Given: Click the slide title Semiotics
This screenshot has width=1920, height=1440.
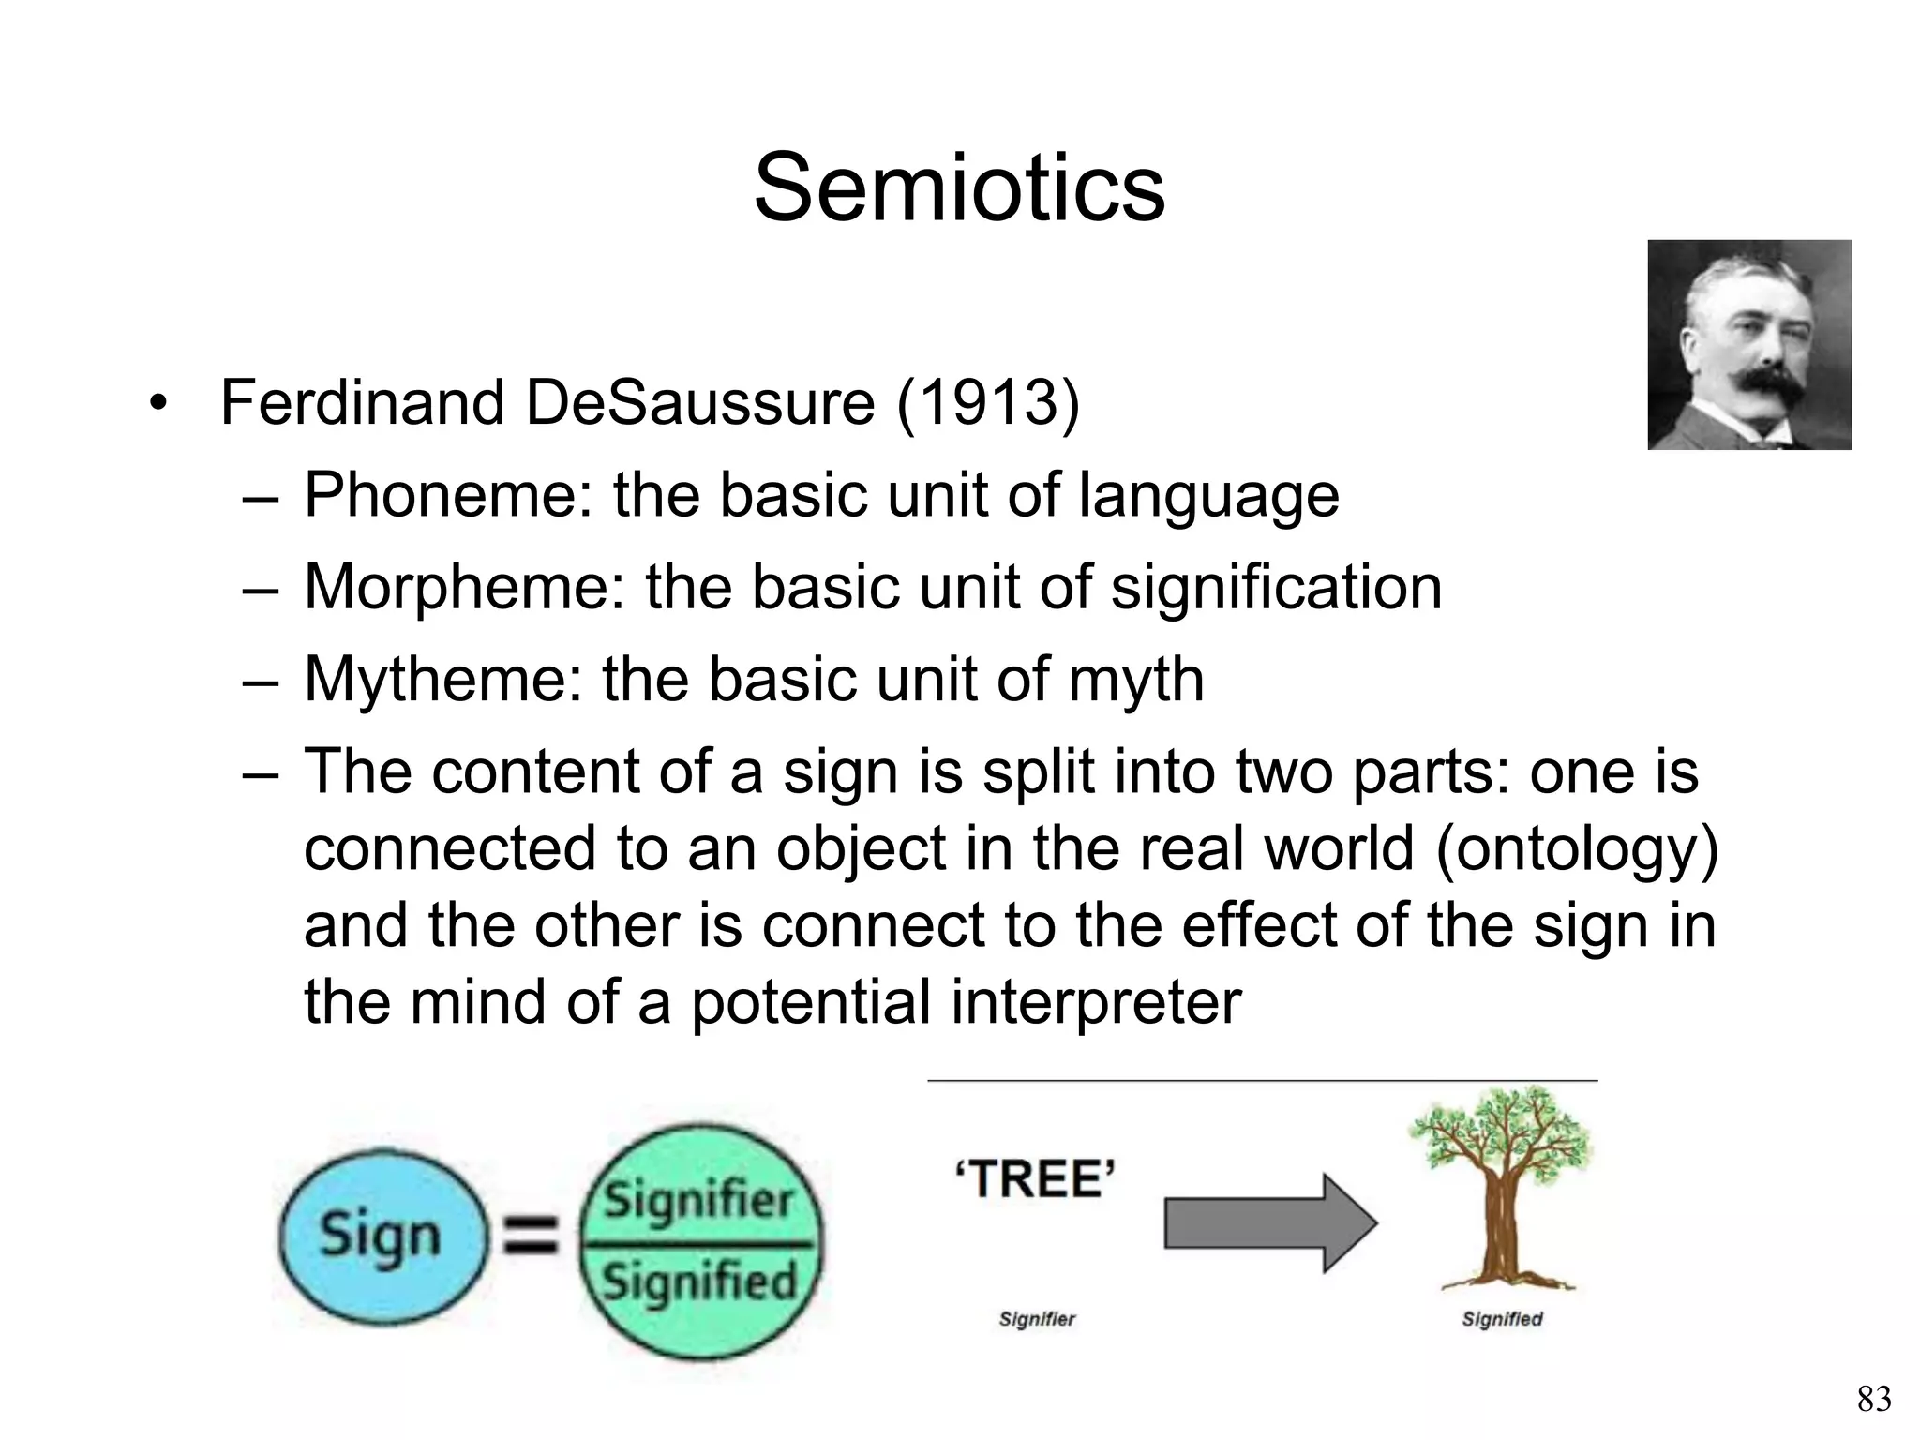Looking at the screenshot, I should pyautogui.click(x=959, y=188).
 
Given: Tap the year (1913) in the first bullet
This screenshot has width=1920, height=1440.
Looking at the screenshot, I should pyautogui.click(x=988, y=403).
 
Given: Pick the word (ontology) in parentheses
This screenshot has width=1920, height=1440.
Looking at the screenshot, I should pyautogui.click(x=1576, y=849).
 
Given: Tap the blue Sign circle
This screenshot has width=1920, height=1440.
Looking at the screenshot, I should pyautogui.click(x=381, y=1235).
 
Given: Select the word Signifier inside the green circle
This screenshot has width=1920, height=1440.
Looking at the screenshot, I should pyautogui.click(x=698, y=1200).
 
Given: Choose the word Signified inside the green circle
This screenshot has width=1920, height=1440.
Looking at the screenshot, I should pyautogui.click(x=699, y=1281).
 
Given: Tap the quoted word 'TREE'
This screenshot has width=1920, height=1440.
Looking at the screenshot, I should pyautogui.click(x=1035, y=1179).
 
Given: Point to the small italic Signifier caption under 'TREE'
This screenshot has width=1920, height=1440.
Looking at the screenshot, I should pyautogui.click(x=1037, y=1320).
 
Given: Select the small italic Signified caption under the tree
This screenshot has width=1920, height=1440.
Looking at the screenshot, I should pyautogui.click(x=1502, y=1320).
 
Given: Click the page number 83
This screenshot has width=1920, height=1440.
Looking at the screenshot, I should pyautogui.click(x=1874, y=1399).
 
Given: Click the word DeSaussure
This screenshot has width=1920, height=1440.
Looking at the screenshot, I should pyautogui.click(x=699, y=403).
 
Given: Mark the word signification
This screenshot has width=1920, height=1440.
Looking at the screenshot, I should pyautogui.click(x=1276, y=587).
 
